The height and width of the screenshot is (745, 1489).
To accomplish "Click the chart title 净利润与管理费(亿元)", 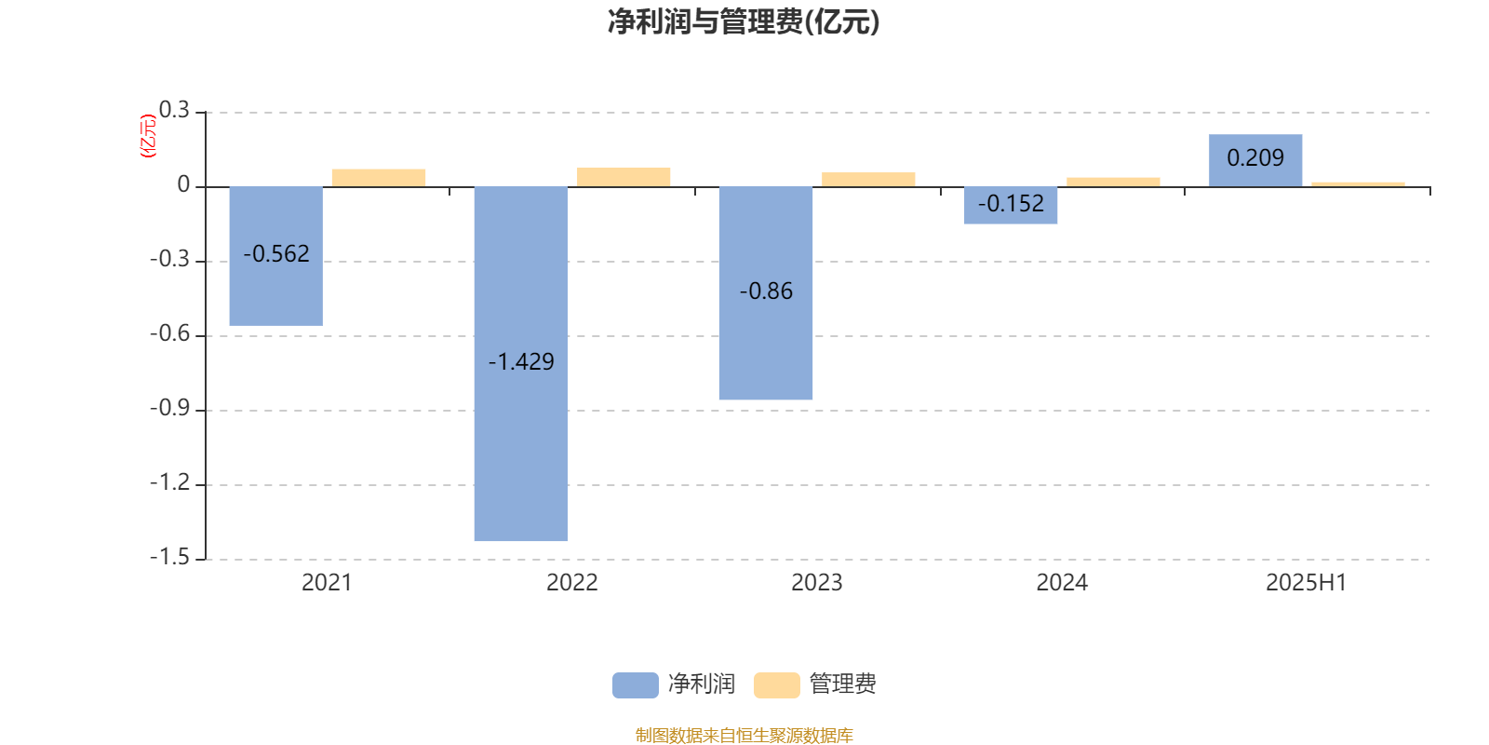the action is [x=744, y=22].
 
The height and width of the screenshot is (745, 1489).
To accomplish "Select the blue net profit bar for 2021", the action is [x=275, y=256].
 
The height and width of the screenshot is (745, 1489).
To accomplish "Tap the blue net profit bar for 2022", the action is [x=521, y=364].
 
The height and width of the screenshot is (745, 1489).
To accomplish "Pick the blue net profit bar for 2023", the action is [x=766, y=293].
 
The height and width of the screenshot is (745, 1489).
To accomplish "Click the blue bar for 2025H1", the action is [x=1255, y=160].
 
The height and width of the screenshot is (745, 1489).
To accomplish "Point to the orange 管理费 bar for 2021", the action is [x=378, y=178].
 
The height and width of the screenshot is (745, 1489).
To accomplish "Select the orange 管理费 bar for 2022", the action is [x=624, y=177].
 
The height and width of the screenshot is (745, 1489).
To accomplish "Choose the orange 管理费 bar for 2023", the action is [x=868, y=180].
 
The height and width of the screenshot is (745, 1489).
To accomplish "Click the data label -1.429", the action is [x=521, y=361].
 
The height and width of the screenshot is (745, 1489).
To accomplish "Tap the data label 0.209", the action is [x=1255, y=157].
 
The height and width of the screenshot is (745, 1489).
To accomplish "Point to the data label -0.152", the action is [x=1011, y=204].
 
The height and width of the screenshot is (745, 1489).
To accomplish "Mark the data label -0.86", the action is [x=766, y=291].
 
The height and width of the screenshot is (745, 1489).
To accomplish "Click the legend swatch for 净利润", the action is [x=635, y=685].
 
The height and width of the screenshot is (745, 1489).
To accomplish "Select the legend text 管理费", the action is [x=842, y=684].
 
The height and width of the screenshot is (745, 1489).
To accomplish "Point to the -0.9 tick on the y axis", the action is [x=170, y=408].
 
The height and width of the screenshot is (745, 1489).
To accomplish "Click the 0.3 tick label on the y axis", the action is [x=174, y=110].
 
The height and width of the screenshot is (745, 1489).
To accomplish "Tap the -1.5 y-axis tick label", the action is [x=170, y=557].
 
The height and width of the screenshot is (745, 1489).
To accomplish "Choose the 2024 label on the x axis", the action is [x=1062, y=583].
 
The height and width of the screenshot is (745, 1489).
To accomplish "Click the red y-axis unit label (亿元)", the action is [x=148, y=136].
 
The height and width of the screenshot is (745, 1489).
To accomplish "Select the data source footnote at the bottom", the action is [x=744, y=735].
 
